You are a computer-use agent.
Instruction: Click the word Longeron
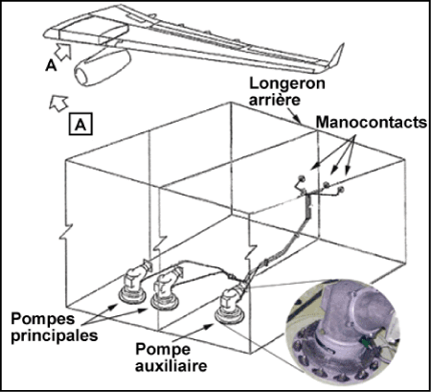(x=287, y=83)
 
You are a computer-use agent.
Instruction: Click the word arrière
(x=275, y=100)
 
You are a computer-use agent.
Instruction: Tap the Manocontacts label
(x=372, y=122)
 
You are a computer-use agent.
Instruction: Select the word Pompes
(x=43, y=319)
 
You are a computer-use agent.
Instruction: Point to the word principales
(x=55, y=335)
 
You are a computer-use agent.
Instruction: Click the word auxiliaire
(x=171, y=365)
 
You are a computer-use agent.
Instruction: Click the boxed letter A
(x=80, y=124)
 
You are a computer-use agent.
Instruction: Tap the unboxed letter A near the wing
(x=51, y=66)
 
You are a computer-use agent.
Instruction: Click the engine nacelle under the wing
(x=102, y=67)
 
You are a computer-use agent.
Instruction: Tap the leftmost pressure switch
(x=301, y=178)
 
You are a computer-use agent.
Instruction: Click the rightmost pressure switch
(x=341, y=190)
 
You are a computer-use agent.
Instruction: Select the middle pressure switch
(x=327, y=184)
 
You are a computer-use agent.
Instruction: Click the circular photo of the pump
(x=342, y=333)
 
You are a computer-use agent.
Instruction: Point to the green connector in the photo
(x=365, y=343)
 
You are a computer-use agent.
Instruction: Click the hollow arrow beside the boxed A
(x=58, y=103)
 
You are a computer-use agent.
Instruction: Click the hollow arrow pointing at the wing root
(x=63, y=51)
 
